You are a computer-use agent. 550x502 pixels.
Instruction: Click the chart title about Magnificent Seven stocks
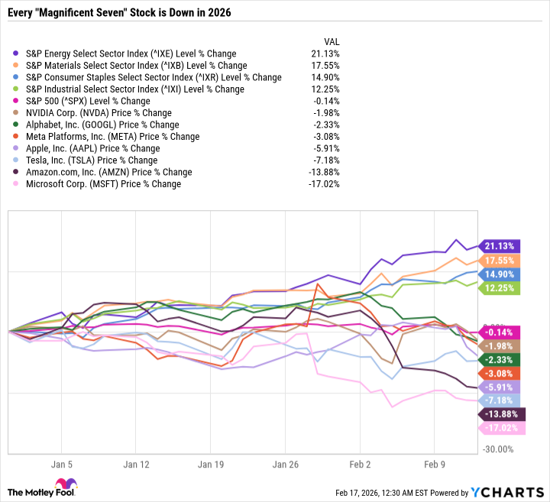[x=122, y=14]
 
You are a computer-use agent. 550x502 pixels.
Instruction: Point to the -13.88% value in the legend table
[x=325, y=172]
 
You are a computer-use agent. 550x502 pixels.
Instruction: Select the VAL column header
[x=332, y=41]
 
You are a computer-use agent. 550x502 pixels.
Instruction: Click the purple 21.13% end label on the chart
[x=501, y=245]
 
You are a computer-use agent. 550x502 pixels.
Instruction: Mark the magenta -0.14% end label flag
[x=501, y=332]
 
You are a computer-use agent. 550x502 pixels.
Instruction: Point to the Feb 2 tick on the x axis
[x=359, y=464]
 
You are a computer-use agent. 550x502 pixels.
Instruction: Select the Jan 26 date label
[x=285, y=464]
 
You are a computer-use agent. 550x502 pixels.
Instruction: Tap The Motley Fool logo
[x=40, y=488]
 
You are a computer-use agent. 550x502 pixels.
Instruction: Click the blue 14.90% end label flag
[x=501, y=274]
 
